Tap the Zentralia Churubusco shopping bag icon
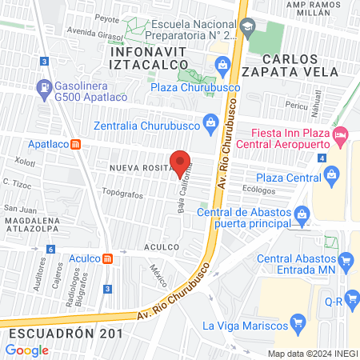pyautogui.click(x=210, y=123)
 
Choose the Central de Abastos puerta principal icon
pyautogui.click(x=302, y=212)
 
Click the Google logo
pyautogui.click(x=26, y=350)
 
